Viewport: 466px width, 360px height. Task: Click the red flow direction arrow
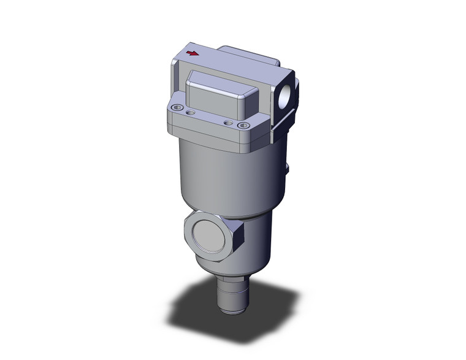point(193,53)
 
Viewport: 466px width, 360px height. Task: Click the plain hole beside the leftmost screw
point(190,113)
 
